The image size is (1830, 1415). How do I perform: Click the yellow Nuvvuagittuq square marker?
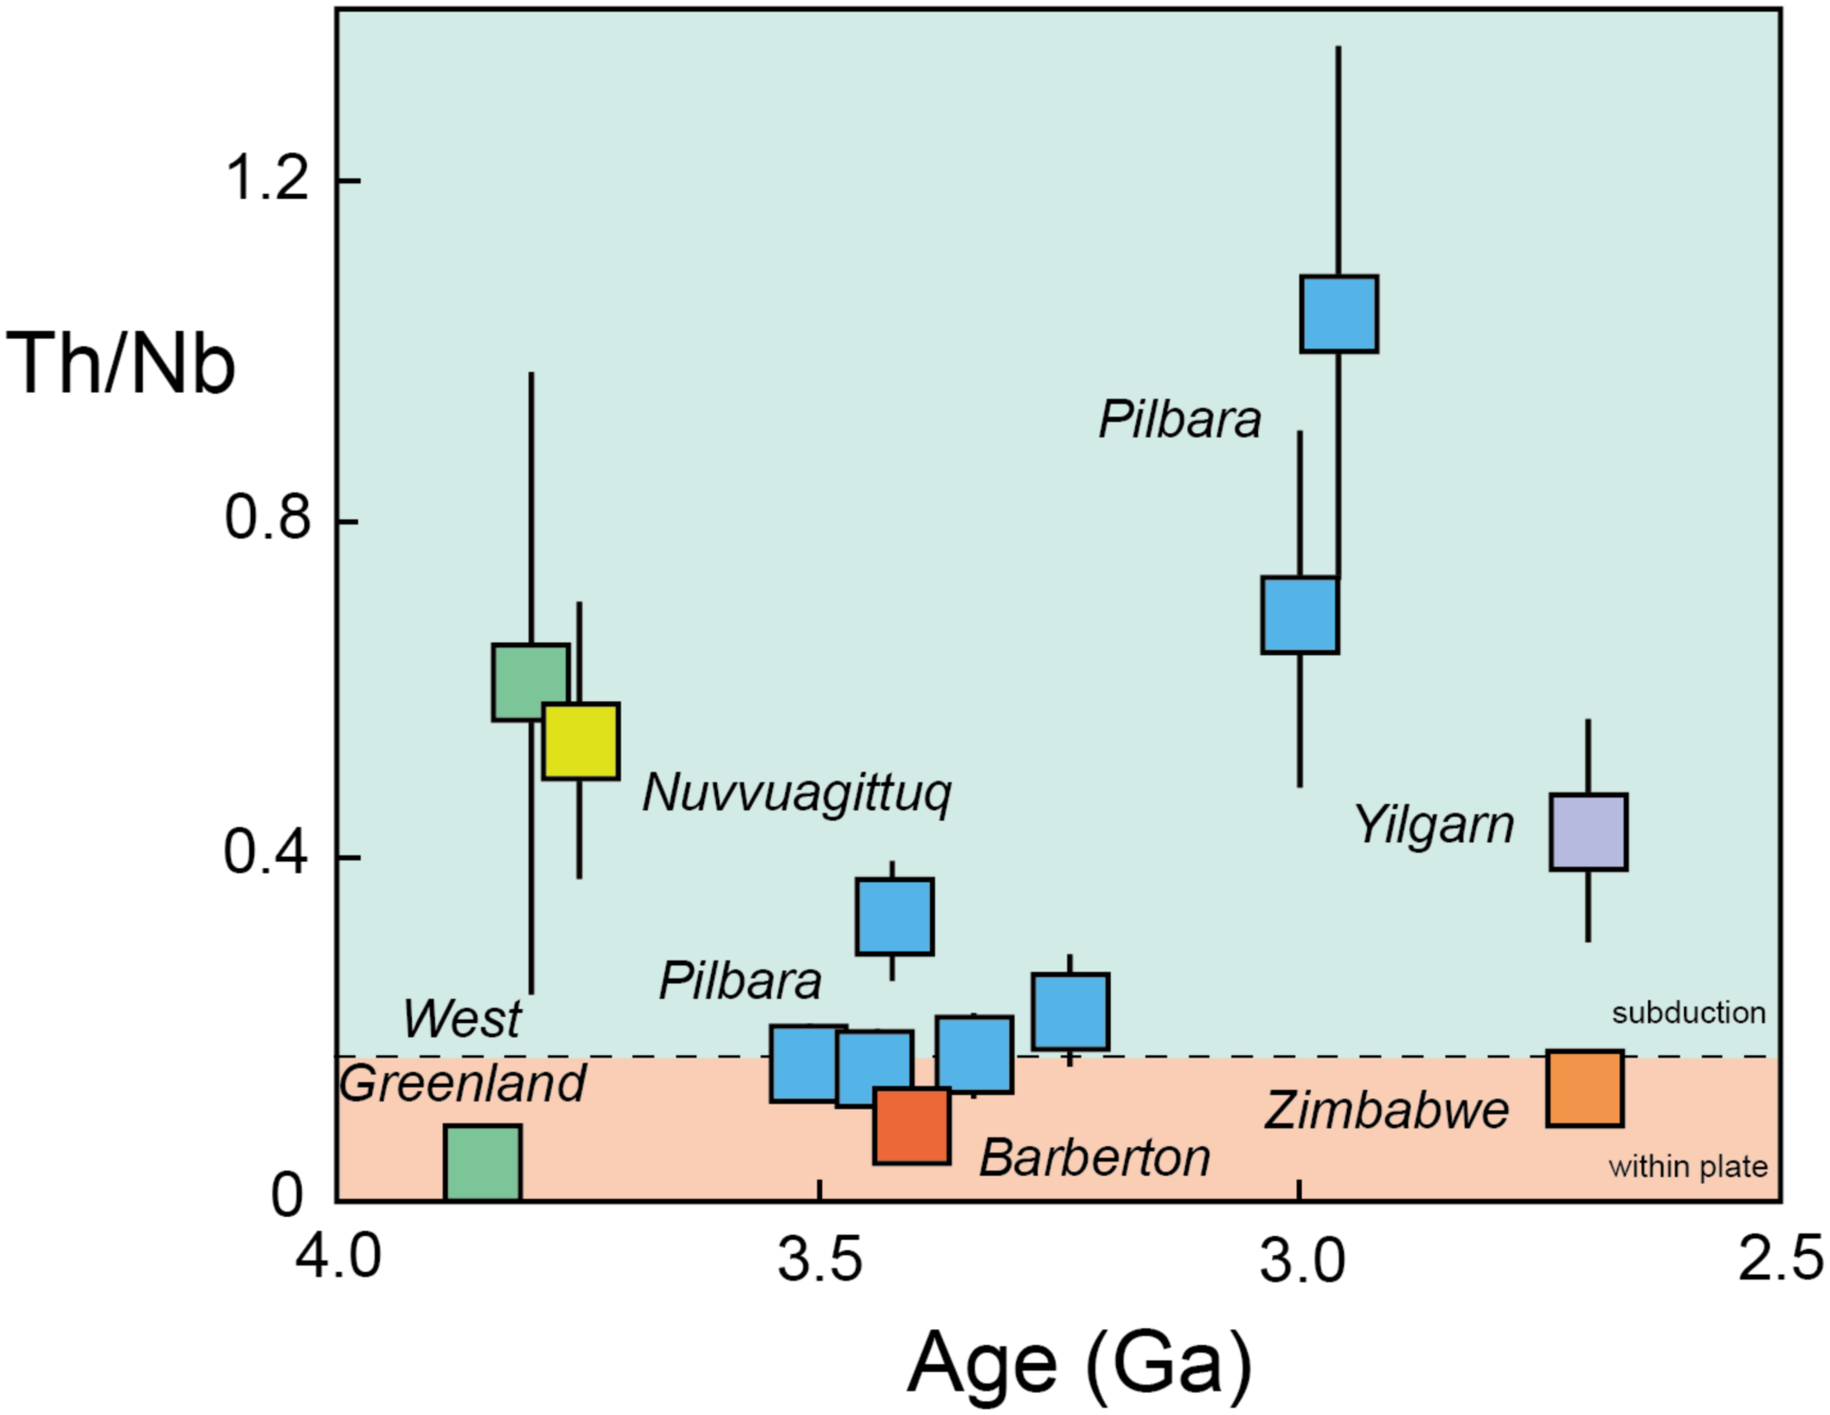580,741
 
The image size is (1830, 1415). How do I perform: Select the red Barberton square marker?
911,1126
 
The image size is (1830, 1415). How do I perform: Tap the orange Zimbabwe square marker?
1585,1088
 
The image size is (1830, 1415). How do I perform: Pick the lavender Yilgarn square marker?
1588,831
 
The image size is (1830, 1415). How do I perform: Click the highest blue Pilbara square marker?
1339,314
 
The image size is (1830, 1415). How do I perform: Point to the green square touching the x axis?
483,1162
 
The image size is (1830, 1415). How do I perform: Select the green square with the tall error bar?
531,682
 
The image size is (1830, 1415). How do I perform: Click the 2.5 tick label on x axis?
1780,1260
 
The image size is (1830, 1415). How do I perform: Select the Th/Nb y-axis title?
121,363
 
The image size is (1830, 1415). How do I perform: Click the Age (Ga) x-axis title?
1079,1365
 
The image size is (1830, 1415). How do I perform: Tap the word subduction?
1688,1013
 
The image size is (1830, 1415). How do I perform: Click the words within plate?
1687,1166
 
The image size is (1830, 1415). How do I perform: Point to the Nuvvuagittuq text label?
797,794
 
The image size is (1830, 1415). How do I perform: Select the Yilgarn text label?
1435,826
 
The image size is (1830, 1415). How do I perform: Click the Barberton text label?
1095,1158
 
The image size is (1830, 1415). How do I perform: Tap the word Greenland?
462,1083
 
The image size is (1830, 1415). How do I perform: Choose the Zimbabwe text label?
1386,1111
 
